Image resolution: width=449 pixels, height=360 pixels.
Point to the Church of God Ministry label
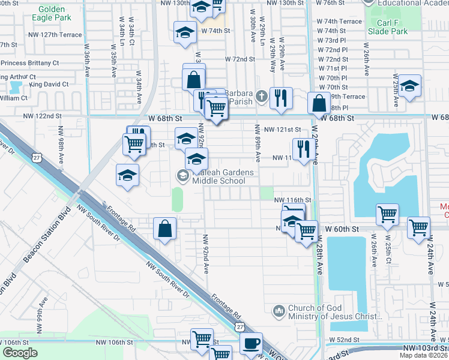[334, 312]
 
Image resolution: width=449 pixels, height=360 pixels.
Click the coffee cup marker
[251, 343]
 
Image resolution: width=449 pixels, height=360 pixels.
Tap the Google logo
[20, 352]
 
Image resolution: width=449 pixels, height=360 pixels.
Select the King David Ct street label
[49, 85]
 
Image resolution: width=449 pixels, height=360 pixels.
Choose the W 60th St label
[342, 229]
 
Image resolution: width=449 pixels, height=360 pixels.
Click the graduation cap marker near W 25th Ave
[409, 86]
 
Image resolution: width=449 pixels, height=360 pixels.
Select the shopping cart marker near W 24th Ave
[418, 227]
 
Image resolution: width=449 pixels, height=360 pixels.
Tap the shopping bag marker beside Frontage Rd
[164, 228]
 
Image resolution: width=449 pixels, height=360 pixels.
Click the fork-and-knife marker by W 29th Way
[280, 97]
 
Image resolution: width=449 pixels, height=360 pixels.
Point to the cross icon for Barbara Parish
[261, 96]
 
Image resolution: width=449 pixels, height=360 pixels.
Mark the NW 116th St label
[293, 199]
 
